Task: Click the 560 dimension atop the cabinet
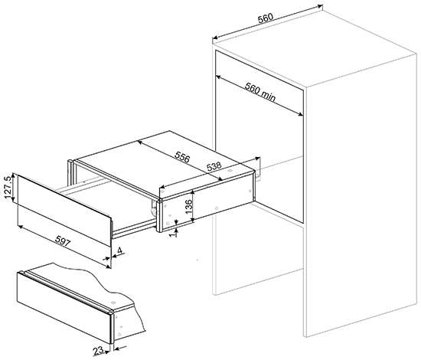(x=266, y=18)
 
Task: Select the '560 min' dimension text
(x=260, y=92)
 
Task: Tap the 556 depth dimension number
(x=182, y=157)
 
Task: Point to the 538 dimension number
(x=214, y=166)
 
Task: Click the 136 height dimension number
(x=189, y=206)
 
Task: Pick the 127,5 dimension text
(x=8, y=188)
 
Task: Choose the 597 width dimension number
(x=63, y=241)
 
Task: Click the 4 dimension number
(x=119, y=250)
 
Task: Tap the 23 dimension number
(x=98, y=350)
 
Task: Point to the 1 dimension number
(x=174, y=234)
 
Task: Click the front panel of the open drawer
(x=64, y=211)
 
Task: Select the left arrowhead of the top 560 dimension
(x=215, y=38)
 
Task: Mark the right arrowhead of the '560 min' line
(x=301, y=114)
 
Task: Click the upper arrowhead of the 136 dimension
(x=193, y=191)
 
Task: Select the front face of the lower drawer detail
(x=64, y=308)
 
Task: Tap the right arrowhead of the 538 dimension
(x=258, y=158)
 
